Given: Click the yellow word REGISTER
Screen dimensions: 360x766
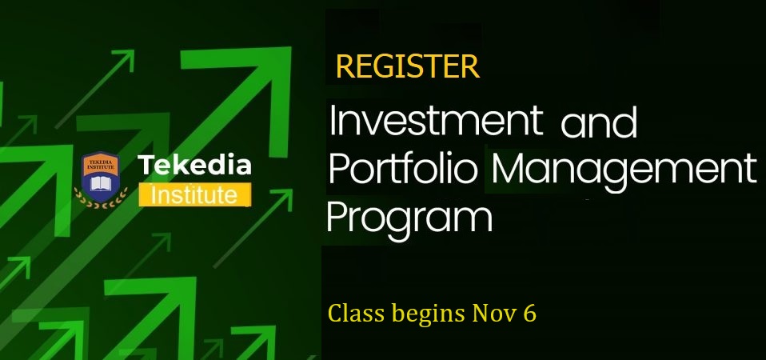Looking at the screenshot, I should click(407, 67).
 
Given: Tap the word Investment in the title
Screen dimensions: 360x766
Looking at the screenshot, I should click(436, 122).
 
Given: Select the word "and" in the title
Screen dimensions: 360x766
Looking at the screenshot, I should click(599, 125).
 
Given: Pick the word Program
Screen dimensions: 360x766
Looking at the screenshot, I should click(409, 218).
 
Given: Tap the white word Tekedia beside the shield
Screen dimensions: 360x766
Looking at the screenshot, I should click(194, 166).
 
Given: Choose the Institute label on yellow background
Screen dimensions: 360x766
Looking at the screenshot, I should click(194, 194).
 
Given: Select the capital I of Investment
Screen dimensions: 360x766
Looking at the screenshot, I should click(333, 122).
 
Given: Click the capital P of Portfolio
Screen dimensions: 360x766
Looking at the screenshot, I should click(338, 169).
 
